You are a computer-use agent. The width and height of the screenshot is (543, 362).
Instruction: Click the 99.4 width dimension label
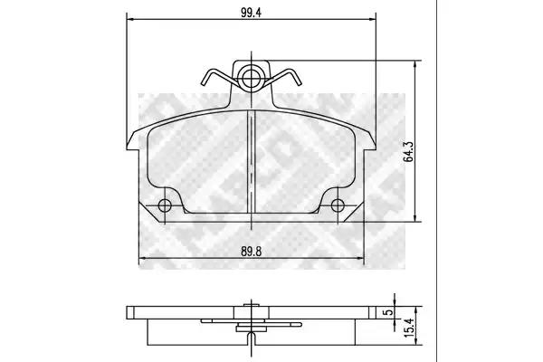point(251,13)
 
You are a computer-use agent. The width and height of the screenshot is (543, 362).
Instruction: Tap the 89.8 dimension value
point(251,252)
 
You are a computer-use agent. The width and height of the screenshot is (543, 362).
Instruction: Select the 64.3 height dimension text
point(409,151)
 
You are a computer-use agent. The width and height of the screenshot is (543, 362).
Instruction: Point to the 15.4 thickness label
point(409,328)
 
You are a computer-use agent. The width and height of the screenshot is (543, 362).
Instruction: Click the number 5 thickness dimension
point(389,311)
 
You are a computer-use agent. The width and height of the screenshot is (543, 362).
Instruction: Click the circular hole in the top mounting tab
point(251,78)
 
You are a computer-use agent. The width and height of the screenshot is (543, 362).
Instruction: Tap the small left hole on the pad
point(165,205)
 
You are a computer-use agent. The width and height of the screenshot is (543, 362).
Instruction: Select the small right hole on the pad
point(338,205)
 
